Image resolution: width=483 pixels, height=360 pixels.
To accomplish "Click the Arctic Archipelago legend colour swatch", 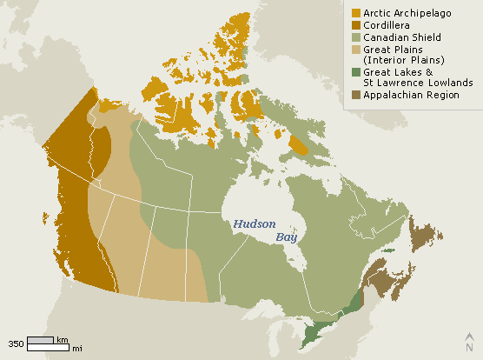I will coord(356,13).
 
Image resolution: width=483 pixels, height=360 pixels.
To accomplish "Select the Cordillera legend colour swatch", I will coord(356,25).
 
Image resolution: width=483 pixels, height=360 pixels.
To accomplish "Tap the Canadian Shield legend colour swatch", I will coord(356,37).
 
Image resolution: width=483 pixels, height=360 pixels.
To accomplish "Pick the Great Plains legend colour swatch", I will coord(356,50).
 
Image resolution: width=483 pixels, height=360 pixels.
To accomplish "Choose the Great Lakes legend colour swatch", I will coord(356,71).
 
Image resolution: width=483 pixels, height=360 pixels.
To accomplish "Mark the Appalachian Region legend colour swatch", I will coord(356,94).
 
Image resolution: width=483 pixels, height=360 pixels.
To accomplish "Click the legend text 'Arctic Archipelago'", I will coord(407,13).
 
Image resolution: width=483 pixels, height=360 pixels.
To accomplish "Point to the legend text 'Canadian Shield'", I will coord(402,37).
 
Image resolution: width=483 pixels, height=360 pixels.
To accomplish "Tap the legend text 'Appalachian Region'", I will coord(410,94).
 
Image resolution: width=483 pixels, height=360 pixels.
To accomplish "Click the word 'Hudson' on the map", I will coord(254,223).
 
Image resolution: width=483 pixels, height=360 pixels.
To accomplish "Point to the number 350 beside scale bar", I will coord(16,343).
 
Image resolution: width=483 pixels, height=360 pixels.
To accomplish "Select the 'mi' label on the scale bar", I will coord(76,349).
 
